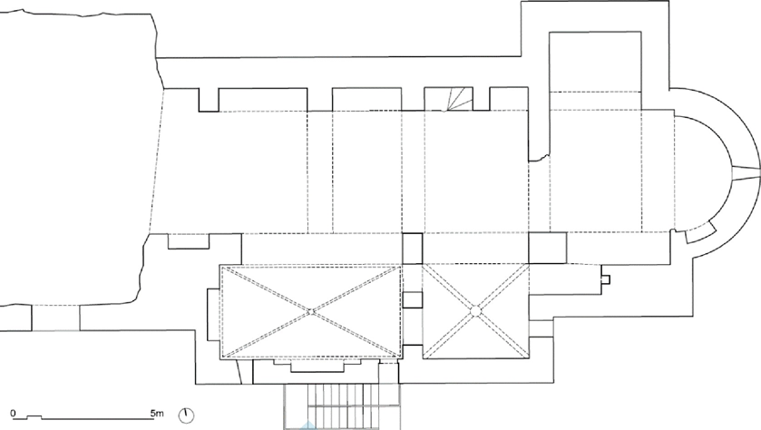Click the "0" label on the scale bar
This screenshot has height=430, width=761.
click(x=13, y=413)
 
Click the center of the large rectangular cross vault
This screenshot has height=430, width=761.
click(x=310, y=311)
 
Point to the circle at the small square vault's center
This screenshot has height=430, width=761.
click(x=473, y=310)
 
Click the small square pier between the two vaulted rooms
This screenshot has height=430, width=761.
click(x=413, y=300)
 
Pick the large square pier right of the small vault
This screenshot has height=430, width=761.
click(x=546, y=247)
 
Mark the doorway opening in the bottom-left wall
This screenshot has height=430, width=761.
click(x=55, y=318)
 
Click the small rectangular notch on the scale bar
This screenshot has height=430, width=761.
click(x=34, y=415)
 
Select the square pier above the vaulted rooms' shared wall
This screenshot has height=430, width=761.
click(x=413, y=247)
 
